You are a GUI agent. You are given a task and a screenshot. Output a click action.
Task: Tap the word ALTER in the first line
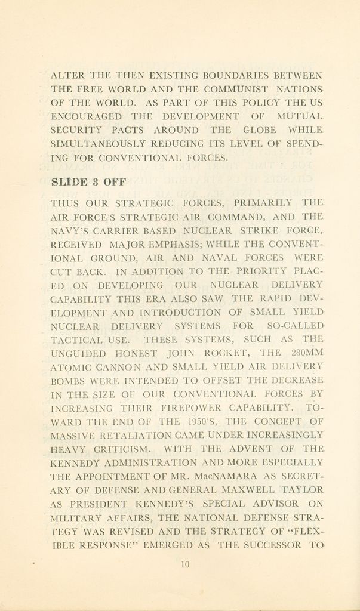[68, 76]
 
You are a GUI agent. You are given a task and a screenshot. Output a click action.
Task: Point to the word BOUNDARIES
[234, 76]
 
